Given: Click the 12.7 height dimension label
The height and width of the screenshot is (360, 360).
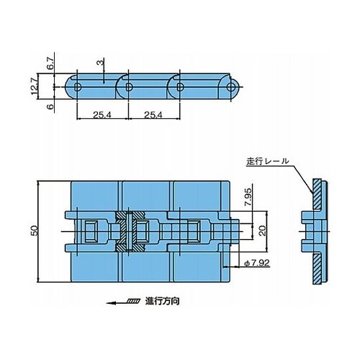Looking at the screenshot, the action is coord(35,86).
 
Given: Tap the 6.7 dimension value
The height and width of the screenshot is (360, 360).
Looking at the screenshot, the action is coord(51,63).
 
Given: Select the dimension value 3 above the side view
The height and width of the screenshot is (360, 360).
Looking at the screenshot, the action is coord(101,63).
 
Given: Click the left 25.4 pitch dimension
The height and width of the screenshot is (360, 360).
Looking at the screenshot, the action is coord(102,115).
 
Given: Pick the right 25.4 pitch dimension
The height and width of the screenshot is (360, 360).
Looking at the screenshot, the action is coord(153,115).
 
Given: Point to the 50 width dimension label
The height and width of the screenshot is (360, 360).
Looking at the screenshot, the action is coord(35,230).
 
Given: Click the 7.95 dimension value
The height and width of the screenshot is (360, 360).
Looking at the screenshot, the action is coord(248,197).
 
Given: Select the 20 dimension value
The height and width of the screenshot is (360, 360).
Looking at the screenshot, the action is coord(264,230).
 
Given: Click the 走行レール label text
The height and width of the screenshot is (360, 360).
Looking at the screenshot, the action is coord(268,161).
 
